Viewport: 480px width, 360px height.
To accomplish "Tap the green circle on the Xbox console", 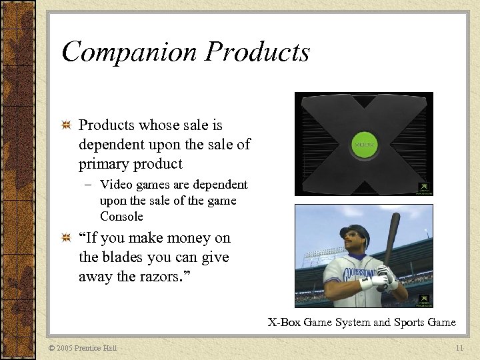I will [x=364, y=144].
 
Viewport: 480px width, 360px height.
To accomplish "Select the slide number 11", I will [x=459, y=348].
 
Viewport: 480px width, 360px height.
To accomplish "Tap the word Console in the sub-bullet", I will [x=121, y=217].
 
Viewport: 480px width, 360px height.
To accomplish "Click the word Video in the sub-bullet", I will [x=114, y=185].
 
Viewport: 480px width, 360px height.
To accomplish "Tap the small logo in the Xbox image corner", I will [x=424, y=189].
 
